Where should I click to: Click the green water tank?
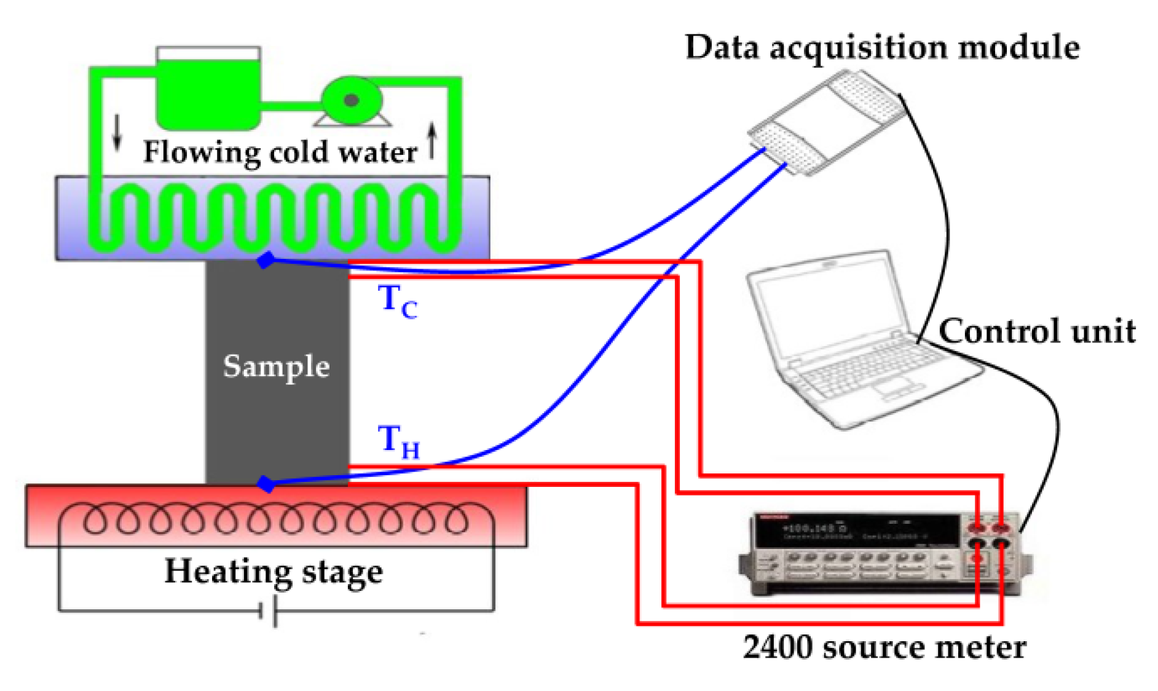[x=208, y=92]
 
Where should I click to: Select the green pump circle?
[x=352, y=100]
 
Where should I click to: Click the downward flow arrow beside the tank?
[x=117, y=133]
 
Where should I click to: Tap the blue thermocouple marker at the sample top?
[x=266, y=260]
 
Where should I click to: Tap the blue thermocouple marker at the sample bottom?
[x=266, y=484]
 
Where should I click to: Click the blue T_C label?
[x=397, y=301]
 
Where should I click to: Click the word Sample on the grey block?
[x=276, y=366]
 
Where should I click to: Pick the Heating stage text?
[x=274, y=572]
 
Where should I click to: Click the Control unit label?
[x=1037, y=331]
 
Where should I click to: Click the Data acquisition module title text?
[x=882, y=47]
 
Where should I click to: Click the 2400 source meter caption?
[x=884, y=647]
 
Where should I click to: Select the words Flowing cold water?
[x=280, y=152]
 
